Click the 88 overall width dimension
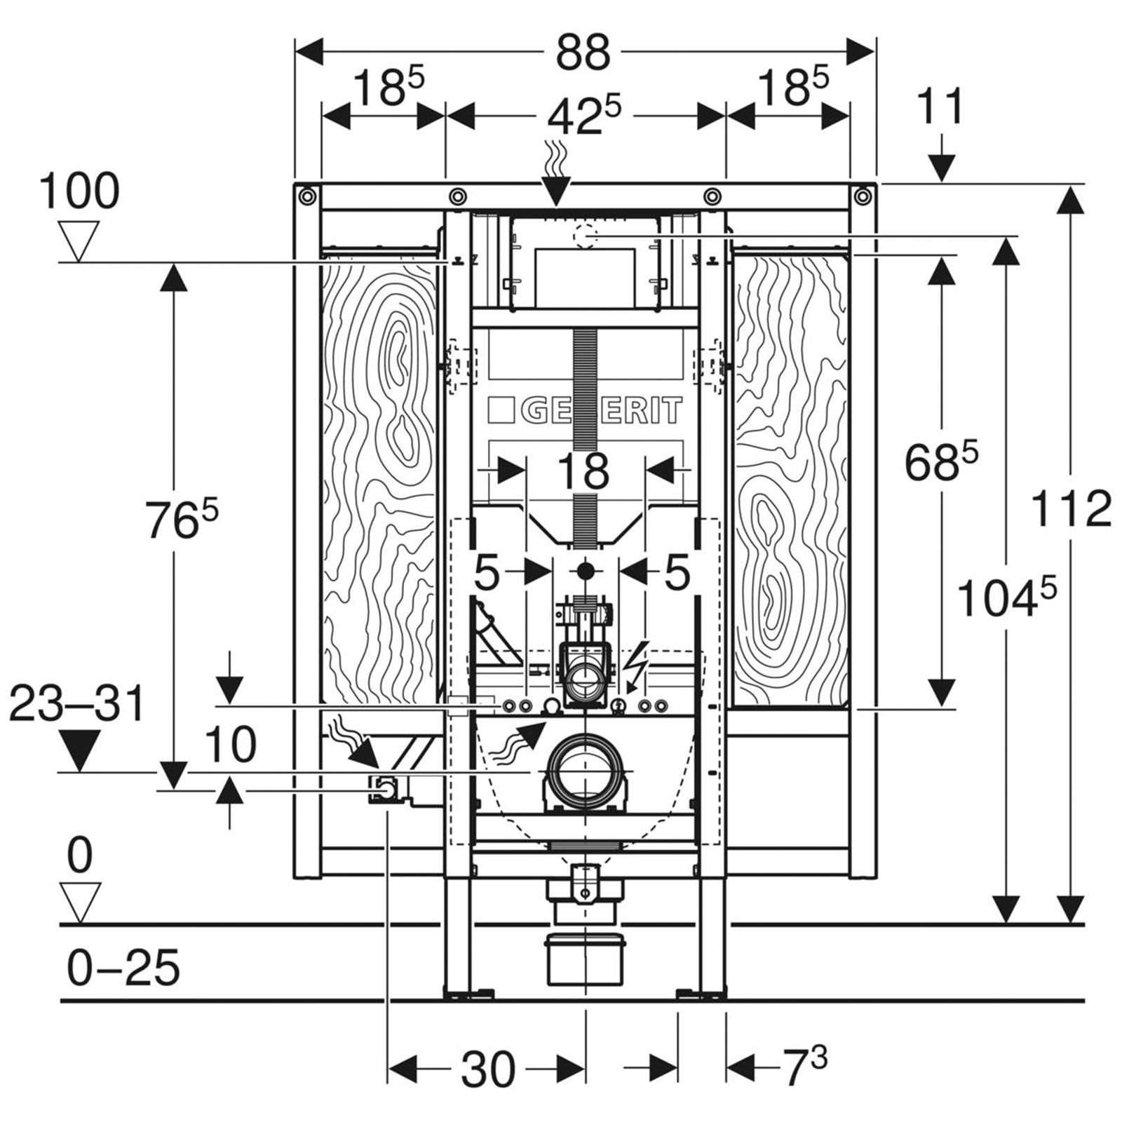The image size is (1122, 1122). click(583, 52)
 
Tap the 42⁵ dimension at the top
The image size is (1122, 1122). click(584, 116)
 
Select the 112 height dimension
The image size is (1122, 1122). click(1072, 508)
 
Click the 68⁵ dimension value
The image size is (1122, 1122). click(940, 461)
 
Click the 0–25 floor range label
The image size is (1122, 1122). click(123, 968)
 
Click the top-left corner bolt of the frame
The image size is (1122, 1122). click(306, 196)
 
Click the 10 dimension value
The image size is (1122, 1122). click(231, 744)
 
